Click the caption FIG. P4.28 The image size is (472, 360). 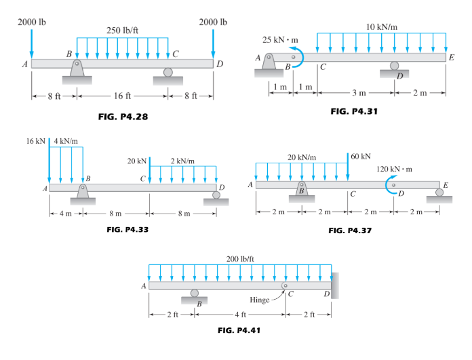(123, 117)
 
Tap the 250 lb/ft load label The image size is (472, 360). (122, 31)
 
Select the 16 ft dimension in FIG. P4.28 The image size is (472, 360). (122, 96)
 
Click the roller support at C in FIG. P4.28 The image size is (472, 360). (168, 77)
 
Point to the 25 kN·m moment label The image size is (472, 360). (280, 40)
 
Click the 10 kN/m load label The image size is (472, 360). (382, 27)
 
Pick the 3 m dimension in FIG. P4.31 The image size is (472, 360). (359, 93)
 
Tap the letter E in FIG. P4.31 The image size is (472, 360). (451, 58)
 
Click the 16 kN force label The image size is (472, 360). (35, 141)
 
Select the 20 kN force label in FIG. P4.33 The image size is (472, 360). (137, 161)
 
